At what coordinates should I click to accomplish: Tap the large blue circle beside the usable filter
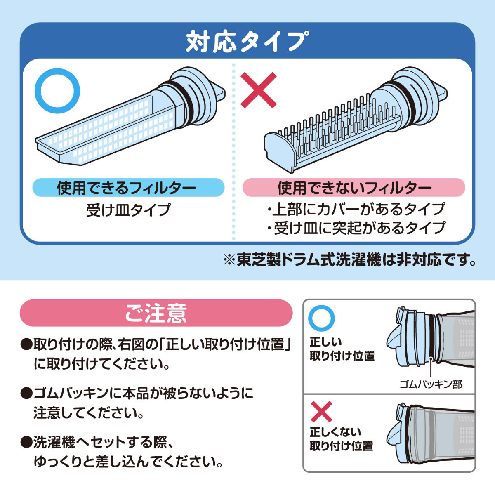point(57,91)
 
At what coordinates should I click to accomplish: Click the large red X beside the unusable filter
point(258,90)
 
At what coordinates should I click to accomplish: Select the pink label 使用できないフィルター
point(354,188)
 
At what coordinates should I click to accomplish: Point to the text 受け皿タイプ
point(128,210)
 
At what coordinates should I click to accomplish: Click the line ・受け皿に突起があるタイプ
point(356,228)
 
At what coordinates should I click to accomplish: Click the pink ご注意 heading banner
point(156,313)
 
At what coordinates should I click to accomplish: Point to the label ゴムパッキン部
point(431,384)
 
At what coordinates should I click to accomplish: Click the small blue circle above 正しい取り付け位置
point(322,318)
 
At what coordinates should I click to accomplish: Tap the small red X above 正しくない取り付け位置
point(321,411)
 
